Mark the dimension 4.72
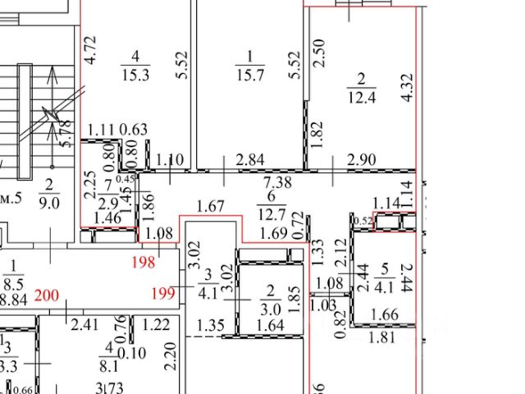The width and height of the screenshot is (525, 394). [93, 50]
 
